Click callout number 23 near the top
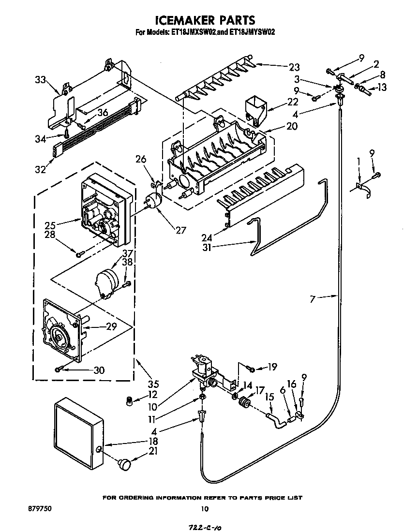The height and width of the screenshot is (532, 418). (294, 67)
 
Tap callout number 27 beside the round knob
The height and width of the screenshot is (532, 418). (180, 230)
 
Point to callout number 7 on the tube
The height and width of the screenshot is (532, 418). (313, 299)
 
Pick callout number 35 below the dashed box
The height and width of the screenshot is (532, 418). (153, 385)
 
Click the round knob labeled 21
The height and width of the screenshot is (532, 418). (125, 464)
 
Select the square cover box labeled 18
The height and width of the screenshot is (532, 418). (77, 430)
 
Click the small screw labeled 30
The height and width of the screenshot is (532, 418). (59, 369)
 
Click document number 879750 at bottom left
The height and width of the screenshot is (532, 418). (40, 508)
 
